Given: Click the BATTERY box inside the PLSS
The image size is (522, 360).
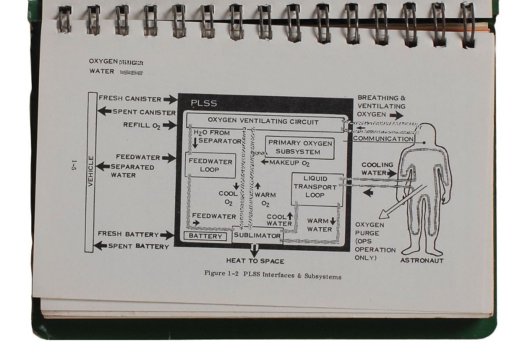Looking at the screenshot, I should point(205,236).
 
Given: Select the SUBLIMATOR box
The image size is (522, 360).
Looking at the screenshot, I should point(258,236).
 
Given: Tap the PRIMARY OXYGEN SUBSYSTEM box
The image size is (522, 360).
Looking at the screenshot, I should point(300,148).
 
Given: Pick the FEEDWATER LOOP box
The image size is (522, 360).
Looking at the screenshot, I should point(210,165).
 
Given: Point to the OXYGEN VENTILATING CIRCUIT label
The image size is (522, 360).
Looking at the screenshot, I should point(263,122).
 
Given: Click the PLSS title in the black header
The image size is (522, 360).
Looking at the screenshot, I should point(204,104).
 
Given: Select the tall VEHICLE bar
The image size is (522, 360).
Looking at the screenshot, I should point(91,172).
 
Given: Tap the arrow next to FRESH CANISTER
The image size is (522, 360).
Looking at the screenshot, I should point(171,100).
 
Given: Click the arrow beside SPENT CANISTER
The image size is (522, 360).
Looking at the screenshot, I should point(104,111).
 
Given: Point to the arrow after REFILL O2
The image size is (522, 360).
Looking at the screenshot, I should point(169,125).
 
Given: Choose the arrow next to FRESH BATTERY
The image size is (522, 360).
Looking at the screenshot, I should point(167,235).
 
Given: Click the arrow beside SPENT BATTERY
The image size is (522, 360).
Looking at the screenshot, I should point(100,246).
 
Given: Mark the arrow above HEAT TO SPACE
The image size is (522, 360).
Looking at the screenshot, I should point(254,250).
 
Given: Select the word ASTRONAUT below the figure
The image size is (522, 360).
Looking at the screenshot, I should point(422,261).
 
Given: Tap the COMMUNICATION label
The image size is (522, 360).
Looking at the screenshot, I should point(383,139).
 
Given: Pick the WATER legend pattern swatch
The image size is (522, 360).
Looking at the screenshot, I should point(131,72).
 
